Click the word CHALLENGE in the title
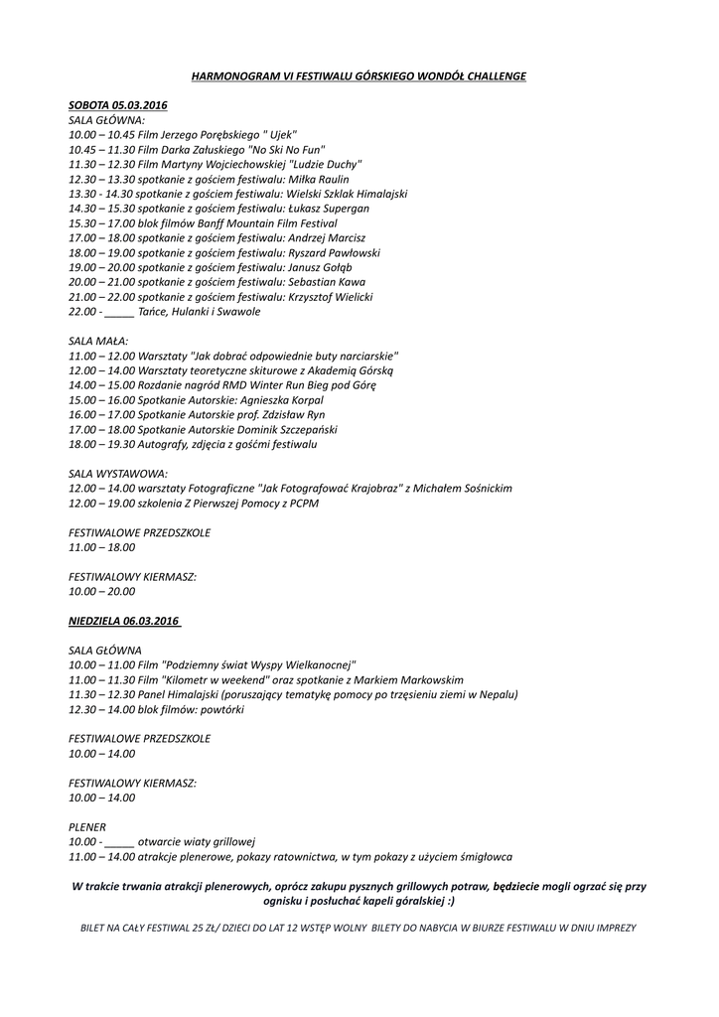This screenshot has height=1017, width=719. tap(492, 75)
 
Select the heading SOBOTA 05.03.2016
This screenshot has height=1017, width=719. tap(118, 104)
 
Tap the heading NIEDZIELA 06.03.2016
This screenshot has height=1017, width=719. tap(124, 621)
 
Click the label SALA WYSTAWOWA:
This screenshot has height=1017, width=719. tap(118, 473)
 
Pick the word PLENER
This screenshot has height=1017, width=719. tap(87, 826)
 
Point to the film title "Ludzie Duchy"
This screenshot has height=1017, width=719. tap(329, 163)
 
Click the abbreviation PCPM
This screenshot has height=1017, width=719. tap(305, 504)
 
